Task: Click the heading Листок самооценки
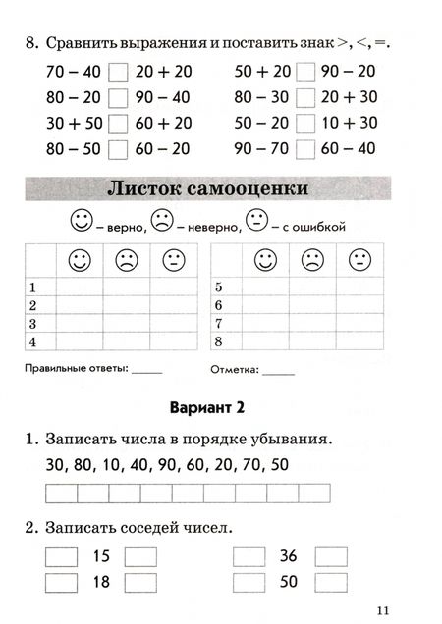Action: pos(220,187)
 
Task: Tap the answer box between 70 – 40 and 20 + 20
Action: pos(118,73)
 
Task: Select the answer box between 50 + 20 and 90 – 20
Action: pos(304,73)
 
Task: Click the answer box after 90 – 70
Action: pos(304,149)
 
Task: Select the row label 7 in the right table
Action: pos(219,323)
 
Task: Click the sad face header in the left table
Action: pos(127,261)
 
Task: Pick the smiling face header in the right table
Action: pos(265,261)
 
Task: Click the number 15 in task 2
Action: pos(100,556)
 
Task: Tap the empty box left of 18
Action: pos(61,581)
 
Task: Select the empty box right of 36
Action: pos(331,556)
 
